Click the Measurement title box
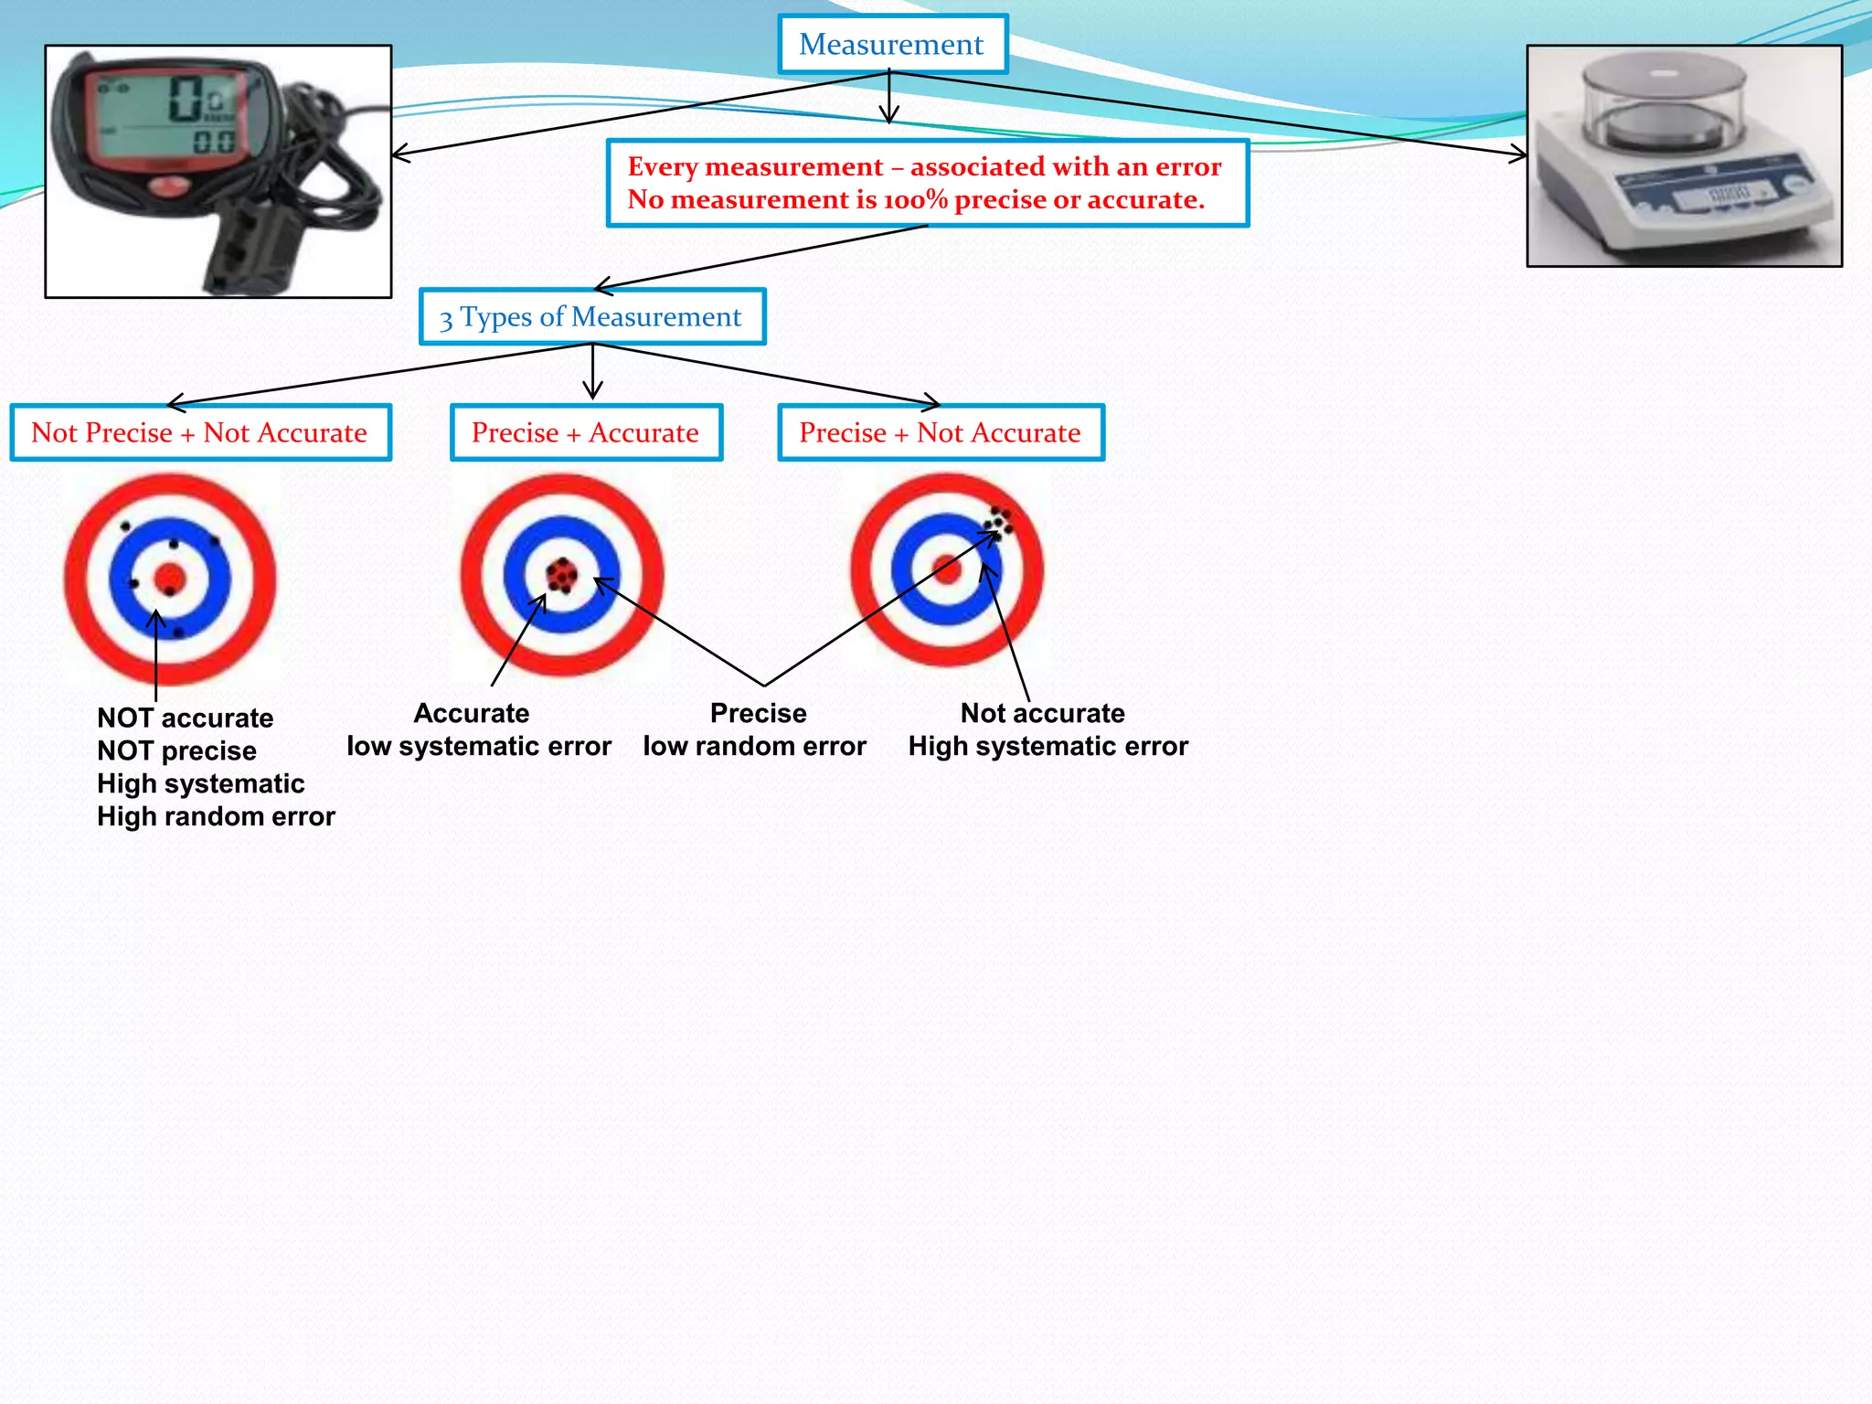click(x=892, y=44)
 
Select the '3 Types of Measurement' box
click(x=591, y=317)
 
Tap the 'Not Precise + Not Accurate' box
click(x=200, y=432)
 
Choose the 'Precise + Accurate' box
click(x=586, y=432)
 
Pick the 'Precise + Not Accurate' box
click(x=941, y=432)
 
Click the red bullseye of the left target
click(x=170, y=579)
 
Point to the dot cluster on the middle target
click(x=561, y=575)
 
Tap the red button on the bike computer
click(x=165, y=187)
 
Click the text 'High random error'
click(x=216, y=816)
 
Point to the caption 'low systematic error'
click(x=479, y=746)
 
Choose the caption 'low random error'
click(x=754, y=746)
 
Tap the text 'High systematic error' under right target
click(x=1048, y=746)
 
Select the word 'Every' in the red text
click(x=662, y=166)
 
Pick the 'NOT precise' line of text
click(x=176, y=750)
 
